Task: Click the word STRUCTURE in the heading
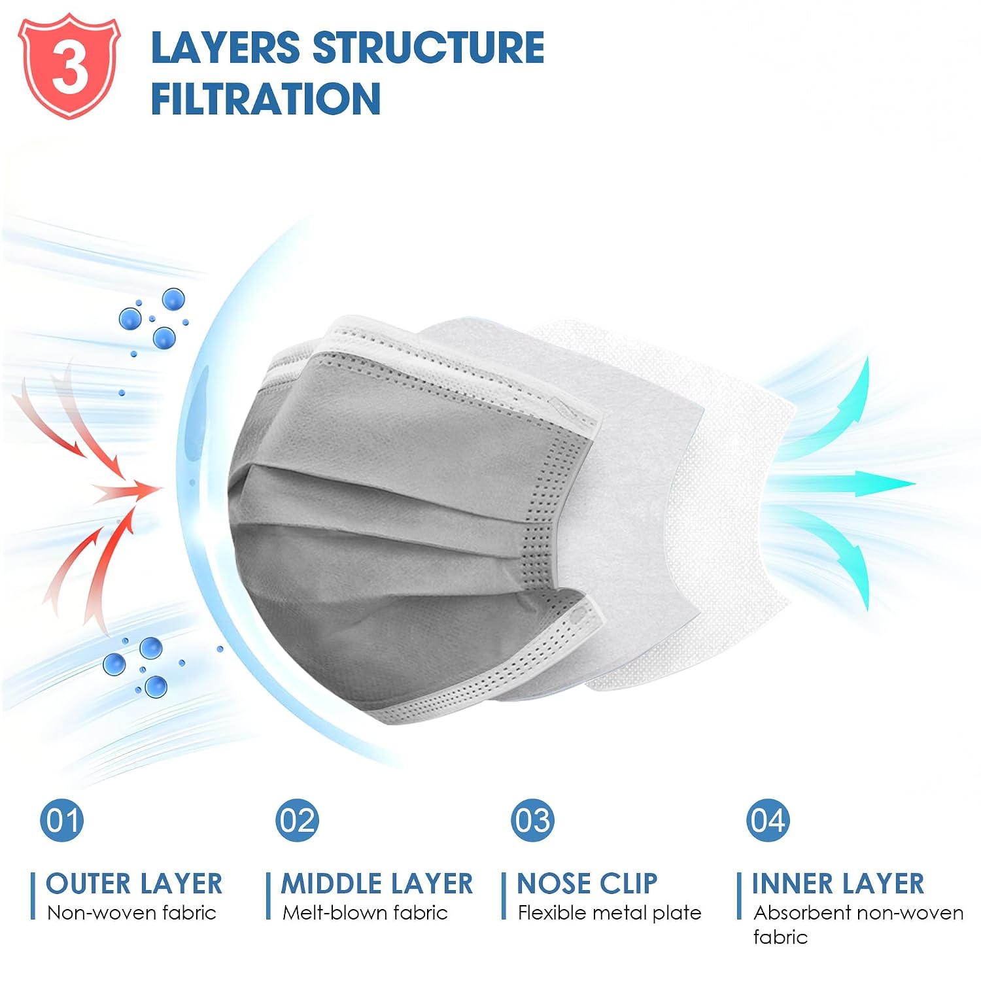click(x=428, y=47)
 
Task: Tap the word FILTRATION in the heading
click(x=266, y=99)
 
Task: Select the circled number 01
click(x=62, y=820)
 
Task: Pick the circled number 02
click(x=298, y=820)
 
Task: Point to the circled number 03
click(x=533, y=820)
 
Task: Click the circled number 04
click(x=768, y=820)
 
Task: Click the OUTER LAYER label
click(x=134, y=884)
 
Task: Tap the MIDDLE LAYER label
click(x=377, y=884)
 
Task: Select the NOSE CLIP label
click(x=587, y=884)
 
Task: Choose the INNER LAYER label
click(x=838, y=884)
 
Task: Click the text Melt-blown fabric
click(x=365, y=912)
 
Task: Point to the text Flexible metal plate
click(x=610, y=913)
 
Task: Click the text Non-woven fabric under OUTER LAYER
click(x=131, y=912)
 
